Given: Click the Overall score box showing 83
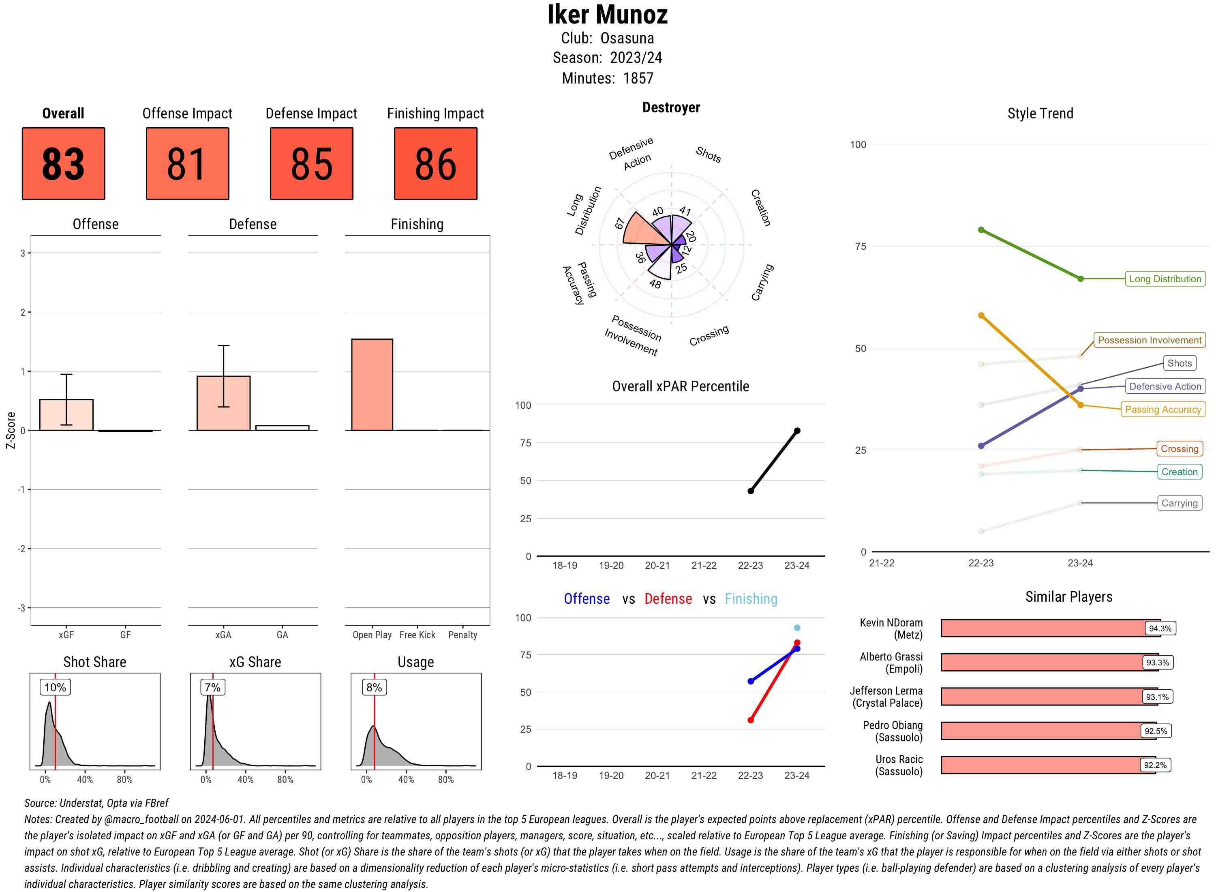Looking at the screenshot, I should tap(63, 164).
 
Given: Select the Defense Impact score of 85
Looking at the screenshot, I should tap(311, 164).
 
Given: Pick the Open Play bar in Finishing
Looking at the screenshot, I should tap(372, 384).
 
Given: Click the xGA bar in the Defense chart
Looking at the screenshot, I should tap(223, 403).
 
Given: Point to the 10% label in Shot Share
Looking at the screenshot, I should tap(55, 687).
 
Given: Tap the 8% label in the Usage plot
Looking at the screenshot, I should tap(374, 687).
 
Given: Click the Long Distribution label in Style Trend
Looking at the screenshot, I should tap(1165, 279).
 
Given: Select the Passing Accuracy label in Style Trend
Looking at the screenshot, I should tap(1162, 409).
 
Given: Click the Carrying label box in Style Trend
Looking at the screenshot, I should tap(1179, 503).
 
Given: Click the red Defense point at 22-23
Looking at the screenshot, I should tap(750, 720).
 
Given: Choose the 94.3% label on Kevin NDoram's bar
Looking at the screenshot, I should tap(1159, 628).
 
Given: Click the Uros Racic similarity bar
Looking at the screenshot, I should tap(1047, 765).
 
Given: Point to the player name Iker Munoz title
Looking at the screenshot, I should tap(607, 15).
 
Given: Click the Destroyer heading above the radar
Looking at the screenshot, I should tap(671, 107).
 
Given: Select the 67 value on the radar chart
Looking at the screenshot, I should tap(620, 223).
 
